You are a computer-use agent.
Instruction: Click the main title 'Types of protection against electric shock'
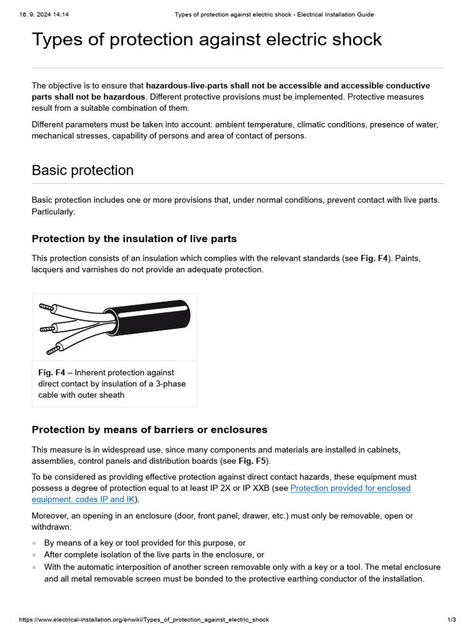[207, 40]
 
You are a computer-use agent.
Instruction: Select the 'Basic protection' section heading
[82, 170]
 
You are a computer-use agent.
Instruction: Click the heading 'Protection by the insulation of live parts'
[134, 239]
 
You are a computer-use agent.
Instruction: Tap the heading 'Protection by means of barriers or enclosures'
[149, 430]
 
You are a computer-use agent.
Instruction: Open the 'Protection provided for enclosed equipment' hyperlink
[350, 489]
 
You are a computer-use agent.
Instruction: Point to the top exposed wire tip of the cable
[45, 306]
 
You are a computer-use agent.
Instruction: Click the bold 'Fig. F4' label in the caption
[51, 373]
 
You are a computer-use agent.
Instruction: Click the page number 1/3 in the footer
[451, 620]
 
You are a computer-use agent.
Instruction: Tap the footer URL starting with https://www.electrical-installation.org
[144, 620]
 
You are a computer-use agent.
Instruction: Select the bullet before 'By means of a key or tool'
[35, 544]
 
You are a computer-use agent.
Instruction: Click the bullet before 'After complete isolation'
[35, 555]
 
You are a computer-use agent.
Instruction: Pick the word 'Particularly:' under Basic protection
[53, 212]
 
